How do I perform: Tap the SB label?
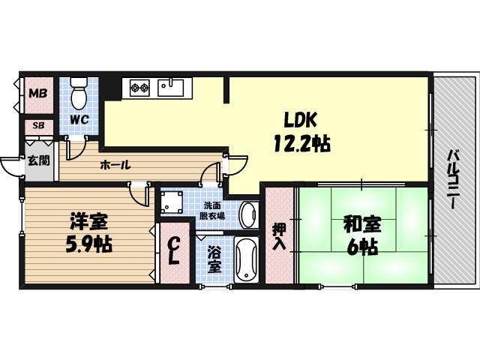37,126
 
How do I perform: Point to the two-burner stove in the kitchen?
140,87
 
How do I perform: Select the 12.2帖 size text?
301,142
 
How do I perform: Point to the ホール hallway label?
115,165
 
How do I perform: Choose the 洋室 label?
88,223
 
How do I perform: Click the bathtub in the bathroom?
246,259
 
